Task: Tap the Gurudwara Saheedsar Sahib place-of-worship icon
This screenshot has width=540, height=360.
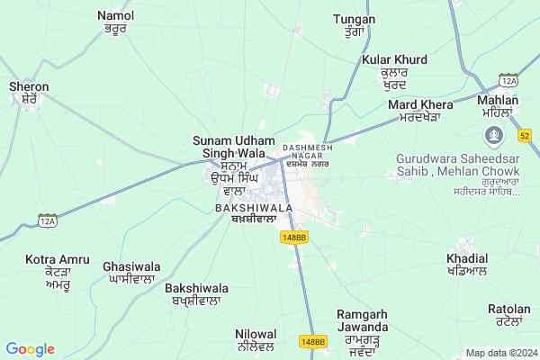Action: [493, 138]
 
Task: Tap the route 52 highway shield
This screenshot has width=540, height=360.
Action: [524, 135]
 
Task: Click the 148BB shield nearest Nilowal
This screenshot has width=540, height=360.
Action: [312, 342]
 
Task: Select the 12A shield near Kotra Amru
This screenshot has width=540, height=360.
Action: [48, 219]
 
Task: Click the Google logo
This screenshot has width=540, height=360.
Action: [30, 349]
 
